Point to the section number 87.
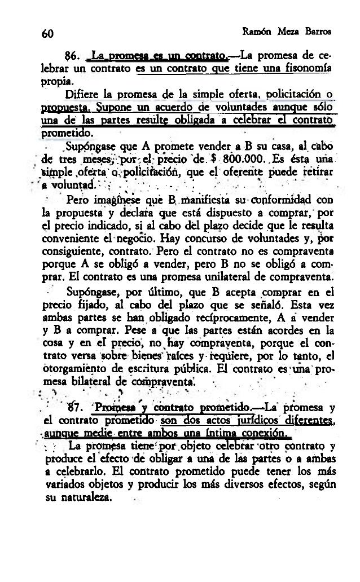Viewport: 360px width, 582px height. (72, 408)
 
